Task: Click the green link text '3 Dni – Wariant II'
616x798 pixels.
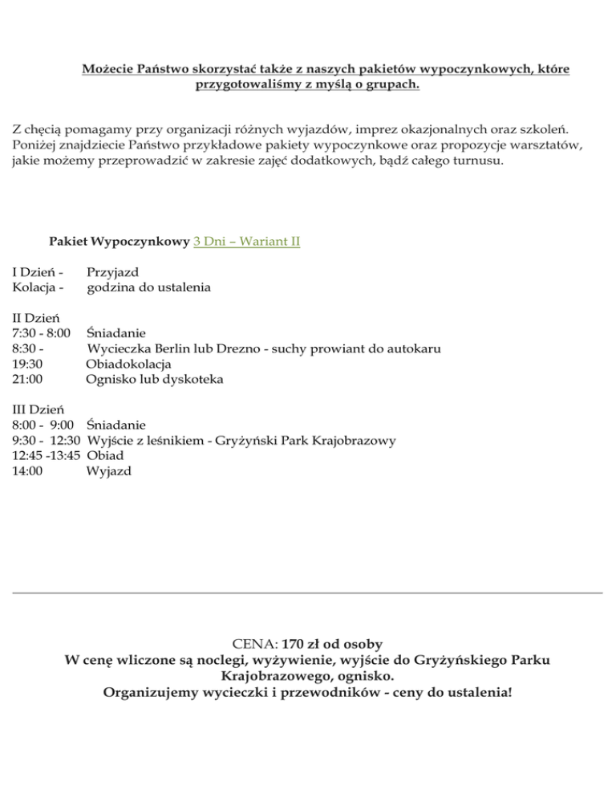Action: (x=247, y=241)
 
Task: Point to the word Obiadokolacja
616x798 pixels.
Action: (x=128, y=364)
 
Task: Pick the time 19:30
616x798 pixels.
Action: (x=27, y=364)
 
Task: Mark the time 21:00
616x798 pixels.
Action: (x=27, y=379)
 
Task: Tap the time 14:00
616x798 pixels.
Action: (x=27, y=471)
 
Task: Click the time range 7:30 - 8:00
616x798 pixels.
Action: (x=41, y=333)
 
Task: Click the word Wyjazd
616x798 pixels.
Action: (x=109, y=471)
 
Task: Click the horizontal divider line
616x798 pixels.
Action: (x=308, y=593)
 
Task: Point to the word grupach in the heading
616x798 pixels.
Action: (x=393, y=84)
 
